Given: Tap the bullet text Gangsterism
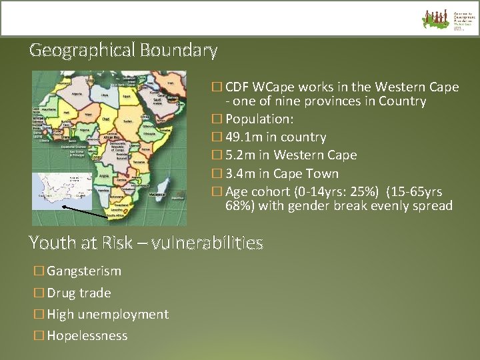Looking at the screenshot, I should [84, 271].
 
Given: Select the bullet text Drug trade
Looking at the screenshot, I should [79, 293].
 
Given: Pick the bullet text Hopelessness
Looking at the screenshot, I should [87, 336].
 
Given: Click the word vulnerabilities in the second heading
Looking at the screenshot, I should [207, 243].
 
